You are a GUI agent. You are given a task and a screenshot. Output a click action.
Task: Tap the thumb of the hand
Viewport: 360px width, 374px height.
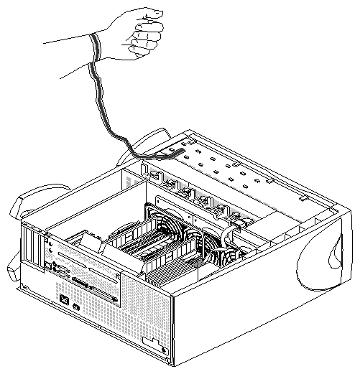click(x=153, y=14)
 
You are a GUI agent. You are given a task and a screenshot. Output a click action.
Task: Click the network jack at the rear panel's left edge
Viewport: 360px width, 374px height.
click(x=47, y=266)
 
